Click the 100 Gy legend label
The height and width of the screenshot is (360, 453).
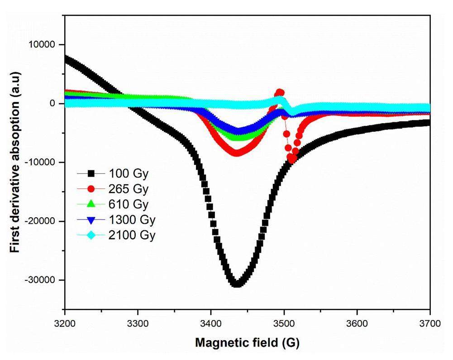point(128,173)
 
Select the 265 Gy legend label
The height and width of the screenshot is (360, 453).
point(128,188)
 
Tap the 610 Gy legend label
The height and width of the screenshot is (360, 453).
point(128,204)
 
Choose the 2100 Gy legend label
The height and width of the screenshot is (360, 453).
point(132,235)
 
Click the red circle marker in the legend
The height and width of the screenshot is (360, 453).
point(91,188)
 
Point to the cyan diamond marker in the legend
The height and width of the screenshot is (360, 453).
point(91,235)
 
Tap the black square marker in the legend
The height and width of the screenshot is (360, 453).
point(91,173)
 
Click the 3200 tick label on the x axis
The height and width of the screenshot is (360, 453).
point(65,325)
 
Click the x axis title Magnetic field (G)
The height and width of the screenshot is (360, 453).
point(247,343)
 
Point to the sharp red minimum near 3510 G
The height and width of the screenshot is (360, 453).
point(292,159)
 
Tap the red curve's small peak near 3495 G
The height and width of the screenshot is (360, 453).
point(280,92)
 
